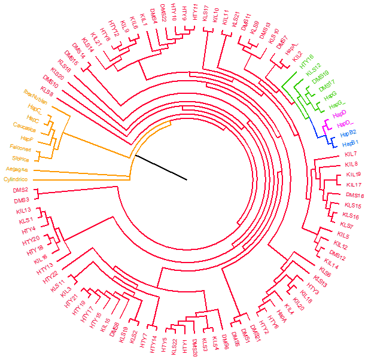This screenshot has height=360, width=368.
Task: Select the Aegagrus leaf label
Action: [17, 169]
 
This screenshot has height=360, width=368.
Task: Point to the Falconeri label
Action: [22, 147]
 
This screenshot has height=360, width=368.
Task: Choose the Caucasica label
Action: [25, 126]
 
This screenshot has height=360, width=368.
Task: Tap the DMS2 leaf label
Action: [21, 190]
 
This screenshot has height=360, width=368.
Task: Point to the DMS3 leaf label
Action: [22, 200]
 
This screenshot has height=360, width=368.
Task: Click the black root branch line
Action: [161, 167]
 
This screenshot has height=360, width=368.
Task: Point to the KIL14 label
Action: [331, 266]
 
